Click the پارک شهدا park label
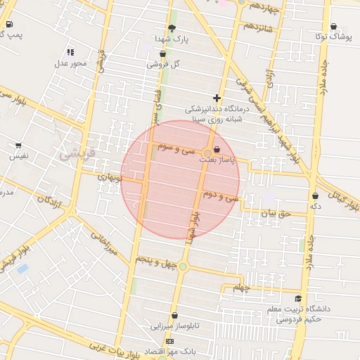pyautogui.click(x=172, y=39)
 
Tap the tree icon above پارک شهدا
pyautogui.click(x=172, y=27)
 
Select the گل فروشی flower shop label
pyautogui.click(x=162, y=64)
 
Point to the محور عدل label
pyautogui.click(x=70, y=63)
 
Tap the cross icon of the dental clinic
pyautogui.click(x=217, y=98)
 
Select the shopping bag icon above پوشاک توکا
pyautogui.click(x=333, y=25)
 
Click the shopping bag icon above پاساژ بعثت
pyautogui.click(x=216, y=149)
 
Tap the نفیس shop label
pyautogui.click(x=18, y=157)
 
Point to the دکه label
pyautogui.click(x=315, y=207)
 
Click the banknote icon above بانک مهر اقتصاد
pyautogui.click(x=169, y=341)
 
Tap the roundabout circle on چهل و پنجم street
pyautogui.click(x=183, y=266)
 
